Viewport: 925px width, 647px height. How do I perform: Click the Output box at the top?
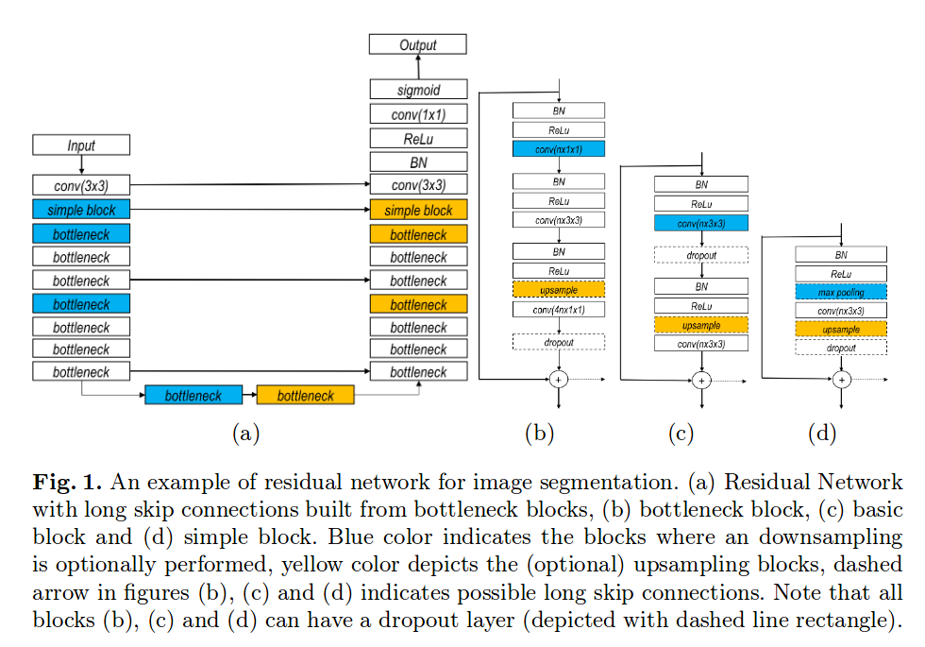[417, 44]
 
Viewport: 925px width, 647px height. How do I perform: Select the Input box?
[81, 145]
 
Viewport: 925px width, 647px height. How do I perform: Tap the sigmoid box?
[418, 90]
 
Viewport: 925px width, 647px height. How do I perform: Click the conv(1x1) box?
[418, 114]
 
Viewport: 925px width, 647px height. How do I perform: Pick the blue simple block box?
[81, 210]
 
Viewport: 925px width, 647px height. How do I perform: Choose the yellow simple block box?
[418, 210]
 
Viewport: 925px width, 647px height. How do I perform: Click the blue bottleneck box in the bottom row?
[193, 395]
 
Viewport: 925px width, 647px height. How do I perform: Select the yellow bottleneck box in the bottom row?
[306, 395]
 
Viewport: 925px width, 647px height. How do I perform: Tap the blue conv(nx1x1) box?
[559, 149]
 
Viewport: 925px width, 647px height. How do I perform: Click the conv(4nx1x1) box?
[559, 310]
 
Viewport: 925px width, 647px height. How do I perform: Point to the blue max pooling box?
[841, 292]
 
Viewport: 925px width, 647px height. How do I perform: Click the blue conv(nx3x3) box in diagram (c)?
[700, 223]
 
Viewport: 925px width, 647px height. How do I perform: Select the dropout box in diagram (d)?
[841, 348]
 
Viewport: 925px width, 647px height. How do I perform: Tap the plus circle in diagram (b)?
[559, 379]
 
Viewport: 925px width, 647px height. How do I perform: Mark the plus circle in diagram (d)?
[841, 380]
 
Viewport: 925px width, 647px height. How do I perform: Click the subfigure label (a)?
[246, 433]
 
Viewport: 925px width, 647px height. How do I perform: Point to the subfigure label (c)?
[681, 433]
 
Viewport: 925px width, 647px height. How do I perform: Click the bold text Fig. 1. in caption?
[67, 482]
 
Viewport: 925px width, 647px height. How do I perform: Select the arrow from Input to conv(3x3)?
[81, 164]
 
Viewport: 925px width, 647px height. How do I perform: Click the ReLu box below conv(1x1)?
[418, 138]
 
